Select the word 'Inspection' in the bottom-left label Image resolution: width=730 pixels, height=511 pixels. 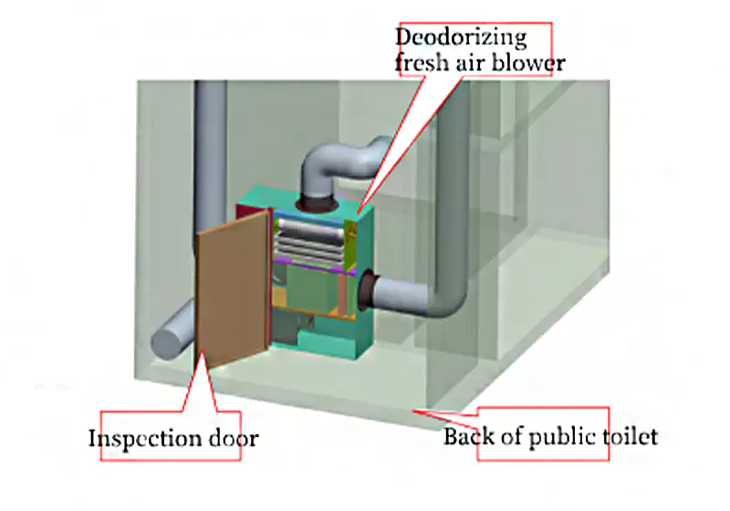(142, 439)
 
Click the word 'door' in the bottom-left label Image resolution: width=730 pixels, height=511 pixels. (232, 439)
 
